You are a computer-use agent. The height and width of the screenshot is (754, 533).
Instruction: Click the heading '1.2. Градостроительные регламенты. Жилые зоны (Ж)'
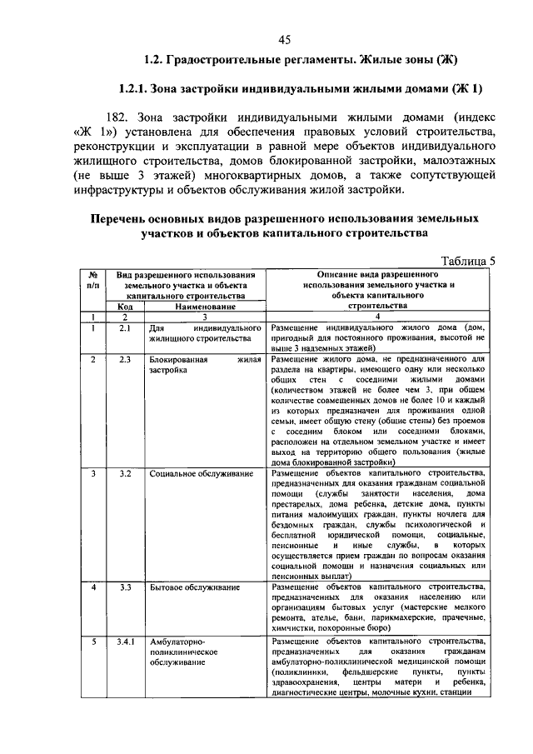pos(301,60)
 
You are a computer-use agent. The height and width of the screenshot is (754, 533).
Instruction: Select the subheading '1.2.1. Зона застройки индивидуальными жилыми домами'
pos(301,88)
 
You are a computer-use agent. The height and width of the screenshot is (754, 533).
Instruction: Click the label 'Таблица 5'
pos(467,260)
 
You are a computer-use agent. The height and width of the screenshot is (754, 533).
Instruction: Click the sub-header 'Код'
pos(125,306)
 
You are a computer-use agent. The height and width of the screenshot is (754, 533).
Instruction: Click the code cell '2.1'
pos(126,328)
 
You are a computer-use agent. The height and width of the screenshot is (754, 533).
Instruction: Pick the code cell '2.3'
pos(126,359)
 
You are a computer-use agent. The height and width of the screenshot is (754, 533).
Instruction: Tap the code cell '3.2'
pos(126,474)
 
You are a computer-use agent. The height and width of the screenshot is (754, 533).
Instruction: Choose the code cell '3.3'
pos(126,587)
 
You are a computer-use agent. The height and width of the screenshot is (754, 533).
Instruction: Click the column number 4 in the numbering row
pos(377,317)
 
